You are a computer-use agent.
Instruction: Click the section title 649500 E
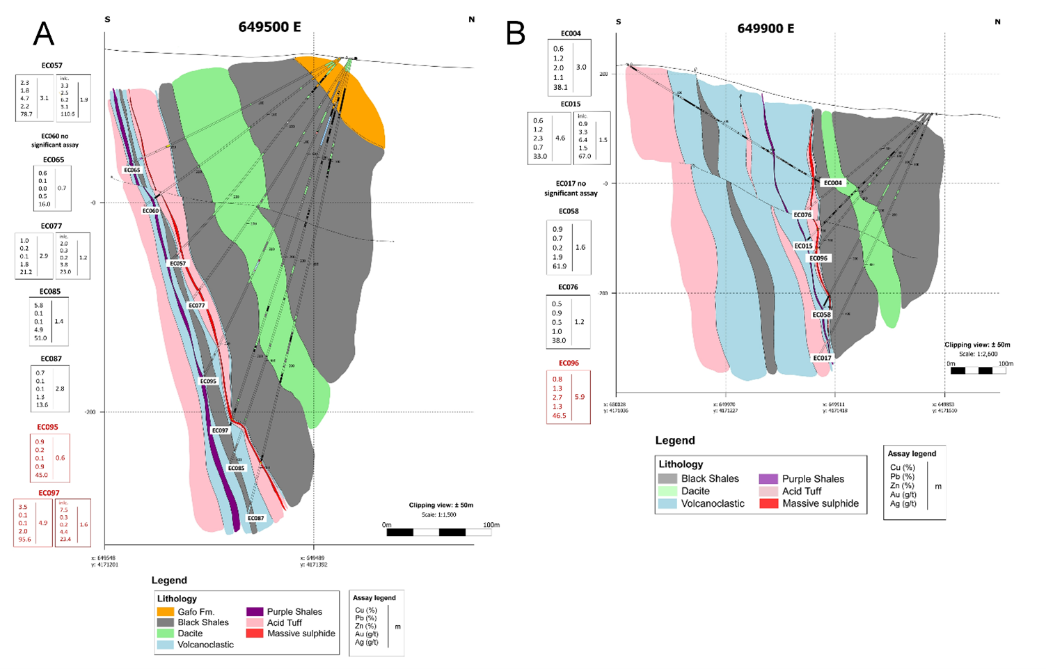[x=269, y=27]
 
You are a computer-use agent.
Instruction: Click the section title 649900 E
[x=766, y=29]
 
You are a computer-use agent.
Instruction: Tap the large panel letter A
[x=44, y=33]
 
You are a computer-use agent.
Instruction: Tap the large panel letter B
[x=516, y=33]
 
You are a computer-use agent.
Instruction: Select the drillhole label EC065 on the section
[x=132, y=170]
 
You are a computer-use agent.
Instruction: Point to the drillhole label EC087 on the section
[x=255, y=518]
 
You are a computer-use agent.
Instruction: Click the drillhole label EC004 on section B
[x=832, y=183]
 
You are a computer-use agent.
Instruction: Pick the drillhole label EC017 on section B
[x=822, y=358]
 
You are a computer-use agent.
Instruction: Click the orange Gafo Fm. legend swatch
[x=165, y=612]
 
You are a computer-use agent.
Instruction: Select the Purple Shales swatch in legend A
[x=255, y=612]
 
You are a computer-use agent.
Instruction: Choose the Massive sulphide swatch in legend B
[x=768, y=503]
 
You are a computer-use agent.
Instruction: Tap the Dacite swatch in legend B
[x=667, y=491]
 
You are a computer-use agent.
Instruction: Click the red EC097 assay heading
[x=49, y=493]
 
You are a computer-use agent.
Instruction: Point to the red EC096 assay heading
[x=569, y=363]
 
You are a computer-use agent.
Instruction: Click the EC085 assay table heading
[x=50, y=292]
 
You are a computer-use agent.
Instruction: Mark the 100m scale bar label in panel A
[x=491, y=525]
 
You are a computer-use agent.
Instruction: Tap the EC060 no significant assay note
[x=55, y=141]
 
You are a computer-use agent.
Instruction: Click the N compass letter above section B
[x=997, y=22]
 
